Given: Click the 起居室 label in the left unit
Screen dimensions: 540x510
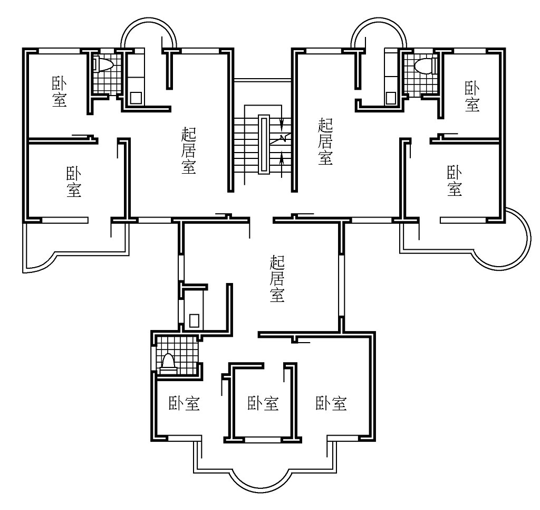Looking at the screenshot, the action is [x=189, y=150].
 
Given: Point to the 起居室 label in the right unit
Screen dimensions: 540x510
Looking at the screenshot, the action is [x=325, y=141].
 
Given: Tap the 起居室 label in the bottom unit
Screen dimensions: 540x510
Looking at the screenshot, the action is [x=277, y=279].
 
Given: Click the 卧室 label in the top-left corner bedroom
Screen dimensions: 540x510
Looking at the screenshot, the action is [x=59, y=92].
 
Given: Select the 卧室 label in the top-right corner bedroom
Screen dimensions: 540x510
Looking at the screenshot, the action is [x=472, y=96].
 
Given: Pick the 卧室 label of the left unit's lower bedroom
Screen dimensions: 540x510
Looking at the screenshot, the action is [x=74, y=182].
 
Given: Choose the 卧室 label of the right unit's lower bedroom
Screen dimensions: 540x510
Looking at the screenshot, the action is [x=454, y=181].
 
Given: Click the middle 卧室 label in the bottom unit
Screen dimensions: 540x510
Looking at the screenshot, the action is [x=263, y=403].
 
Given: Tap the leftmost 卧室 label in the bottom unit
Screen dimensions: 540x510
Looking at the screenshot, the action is [x=184, y=403].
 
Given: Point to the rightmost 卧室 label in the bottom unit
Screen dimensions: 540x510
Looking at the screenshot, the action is [x=331, y=403].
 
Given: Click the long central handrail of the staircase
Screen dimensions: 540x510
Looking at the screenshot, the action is [x=264, y=144].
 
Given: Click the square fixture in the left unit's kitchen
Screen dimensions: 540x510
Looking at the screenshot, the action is [x=137, y=98].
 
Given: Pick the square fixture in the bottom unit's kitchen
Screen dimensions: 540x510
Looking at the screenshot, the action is [x=194, y=320].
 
